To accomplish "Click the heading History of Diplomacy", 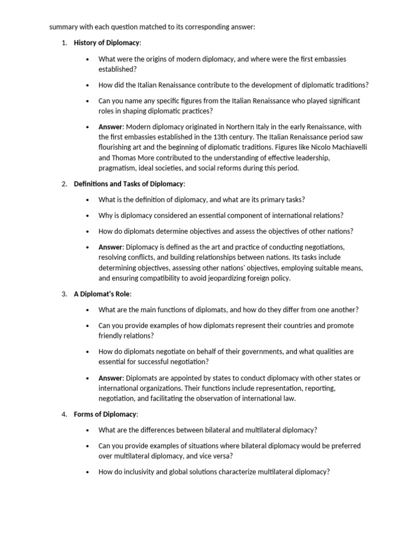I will pos(107,43).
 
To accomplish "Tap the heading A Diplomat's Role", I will pos(102,294).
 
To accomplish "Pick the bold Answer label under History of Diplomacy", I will pos(111,127).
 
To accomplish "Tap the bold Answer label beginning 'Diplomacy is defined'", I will pos(111,247).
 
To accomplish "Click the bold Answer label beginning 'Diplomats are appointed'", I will pos(111,378).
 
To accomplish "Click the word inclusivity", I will pos(133,472).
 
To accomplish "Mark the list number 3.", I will pos(64,294).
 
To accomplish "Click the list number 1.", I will pos(64,43).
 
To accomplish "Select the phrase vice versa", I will pos(216,456).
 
